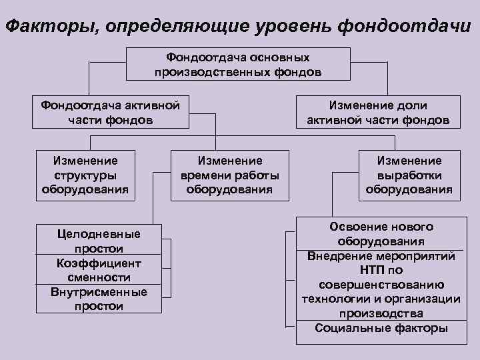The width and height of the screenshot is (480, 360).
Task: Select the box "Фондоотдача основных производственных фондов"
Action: coord(238,64)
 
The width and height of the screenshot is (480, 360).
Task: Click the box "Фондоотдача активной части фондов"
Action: coord(110,112)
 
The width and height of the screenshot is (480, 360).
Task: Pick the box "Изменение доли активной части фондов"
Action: coord(378,113)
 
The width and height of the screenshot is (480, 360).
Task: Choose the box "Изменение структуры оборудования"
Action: coord(85,174)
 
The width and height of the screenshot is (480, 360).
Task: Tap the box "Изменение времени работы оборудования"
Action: coord(229,174)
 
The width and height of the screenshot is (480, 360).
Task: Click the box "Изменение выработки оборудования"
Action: coord(409,174)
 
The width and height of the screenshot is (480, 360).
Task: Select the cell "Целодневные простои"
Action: coord(99,241)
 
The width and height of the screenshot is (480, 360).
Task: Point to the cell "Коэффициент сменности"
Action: coord(99,270)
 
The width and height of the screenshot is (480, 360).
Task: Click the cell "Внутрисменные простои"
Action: coord(99,299)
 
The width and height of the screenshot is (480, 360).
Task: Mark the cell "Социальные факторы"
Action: coord(381,328)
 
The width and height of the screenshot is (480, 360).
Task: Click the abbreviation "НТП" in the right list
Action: coord(365,270)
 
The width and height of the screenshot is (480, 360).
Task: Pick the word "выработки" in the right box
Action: coord(409,175)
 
